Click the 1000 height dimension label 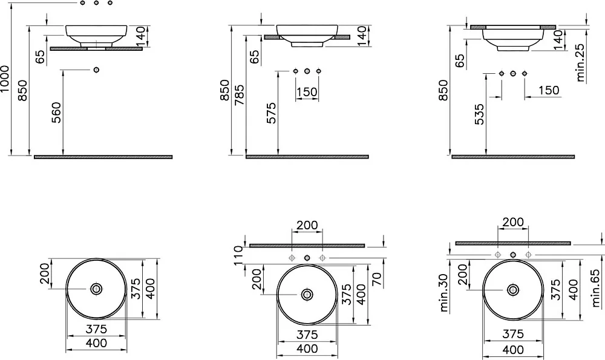5,79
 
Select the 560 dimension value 56,113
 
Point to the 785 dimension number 239,95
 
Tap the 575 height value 272,113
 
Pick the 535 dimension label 479,114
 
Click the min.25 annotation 581,62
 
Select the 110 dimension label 238,255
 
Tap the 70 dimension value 377,278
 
